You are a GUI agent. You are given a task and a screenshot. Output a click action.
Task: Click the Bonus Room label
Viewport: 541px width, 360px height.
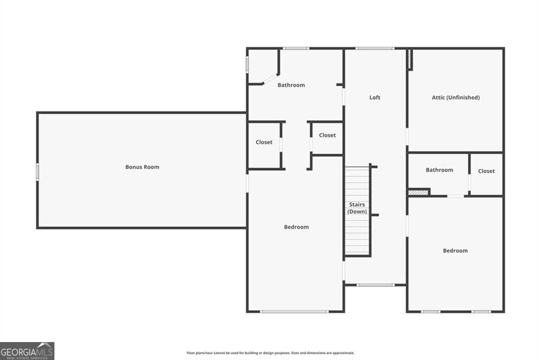(142, 167)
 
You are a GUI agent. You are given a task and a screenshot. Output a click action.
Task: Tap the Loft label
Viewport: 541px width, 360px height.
(375, 98)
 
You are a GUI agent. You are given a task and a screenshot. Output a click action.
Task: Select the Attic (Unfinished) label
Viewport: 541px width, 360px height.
(456, 98)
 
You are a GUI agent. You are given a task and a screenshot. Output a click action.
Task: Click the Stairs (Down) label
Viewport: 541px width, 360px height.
(357, 208)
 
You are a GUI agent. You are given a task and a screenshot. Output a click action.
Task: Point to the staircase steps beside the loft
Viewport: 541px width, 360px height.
(358, 211)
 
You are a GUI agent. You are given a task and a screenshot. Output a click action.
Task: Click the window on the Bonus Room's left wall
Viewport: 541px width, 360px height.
(38, 172)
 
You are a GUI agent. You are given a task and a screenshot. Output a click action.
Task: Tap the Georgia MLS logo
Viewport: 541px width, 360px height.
(27, 351)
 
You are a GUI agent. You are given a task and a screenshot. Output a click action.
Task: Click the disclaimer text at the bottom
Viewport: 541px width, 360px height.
(270, 353)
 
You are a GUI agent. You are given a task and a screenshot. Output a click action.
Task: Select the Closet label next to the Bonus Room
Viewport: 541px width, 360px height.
(264, 142)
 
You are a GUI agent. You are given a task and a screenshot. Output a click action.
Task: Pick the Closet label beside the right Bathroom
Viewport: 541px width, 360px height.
(487, 171)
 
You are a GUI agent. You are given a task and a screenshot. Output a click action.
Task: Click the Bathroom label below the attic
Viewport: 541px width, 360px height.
(439, 170)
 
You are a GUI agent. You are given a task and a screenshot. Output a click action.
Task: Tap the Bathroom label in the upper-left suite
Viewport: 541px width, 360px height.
(291, 85)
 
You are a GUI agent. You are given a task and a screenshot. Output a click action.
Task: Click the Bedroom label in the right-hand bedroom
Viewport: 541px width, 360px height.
(455, 251)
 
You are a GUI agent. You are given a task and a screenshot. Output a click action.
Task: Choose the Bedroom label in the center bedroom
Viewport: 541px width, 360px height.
(296, 227)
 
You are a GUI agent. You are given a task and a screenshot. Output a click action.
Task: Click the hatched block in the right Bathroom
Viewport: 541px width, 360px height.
(418, 193)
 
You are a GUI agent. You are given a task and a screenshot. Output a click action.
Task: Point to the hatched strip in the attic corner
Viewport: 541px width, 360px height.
(409, 59)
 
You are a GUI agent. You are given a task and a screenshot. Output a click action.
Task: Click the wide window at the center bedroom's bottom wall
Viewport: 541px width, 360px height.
(294, 312)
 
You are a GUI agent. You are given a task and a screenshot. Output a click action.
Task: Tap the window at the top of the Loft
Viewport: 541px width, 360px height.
(375, 48)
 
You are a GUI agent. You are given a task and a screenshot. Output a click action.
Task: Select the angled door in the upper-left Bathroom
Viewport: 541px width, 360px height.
(270, 79)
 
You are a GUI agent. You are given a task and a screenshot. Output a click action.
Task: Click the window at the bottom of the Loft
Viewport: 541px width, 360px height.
(376, 285)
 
